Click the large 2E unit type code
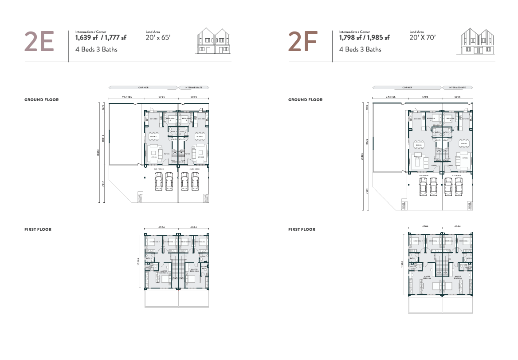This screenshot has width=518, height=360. (x=39, y=42)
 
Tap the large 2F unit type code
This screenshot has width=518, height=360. (x=303, y=42)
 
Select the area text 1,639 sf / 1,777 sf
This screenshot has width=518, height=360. (x=101, y=38)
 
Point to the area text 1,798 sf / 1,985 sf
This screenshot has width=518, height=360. (x=365, y=38)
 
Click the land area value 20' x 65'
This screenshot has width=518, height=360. (x=158, y=38)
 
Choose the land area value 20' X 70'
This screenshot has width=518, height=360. (x=423, y=38)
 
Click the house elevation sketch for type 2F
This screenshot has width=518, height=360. (x=478, y=41)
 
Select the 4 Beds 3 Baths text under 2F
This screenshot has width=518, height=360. (x=360, y=49)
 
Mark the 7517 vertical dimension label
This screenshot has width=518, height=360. (x=103, y=184)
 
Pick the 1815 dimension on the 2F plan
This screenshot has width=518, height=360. (x=368, y=107)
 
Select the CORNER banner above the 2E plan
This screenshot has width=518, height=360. (x=143, y=88)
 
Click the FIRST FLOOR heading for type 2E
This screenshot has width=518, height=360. (x=38, y=229)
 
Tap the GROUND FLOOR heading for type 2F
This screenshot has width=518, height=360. (x=305, y=100)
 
